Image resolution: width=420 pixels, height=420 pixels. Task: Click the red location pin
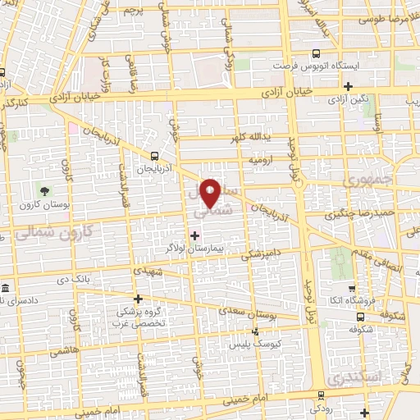pyautogui.click(x=211, y=192)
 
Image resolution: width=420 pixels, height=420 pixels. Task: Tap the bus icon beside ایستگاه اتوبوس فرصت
pyautogui.click(x=317, y=49)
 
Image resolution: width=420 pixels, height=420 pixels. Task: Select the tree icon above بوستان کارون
pyautogui.click(x=44, y=168)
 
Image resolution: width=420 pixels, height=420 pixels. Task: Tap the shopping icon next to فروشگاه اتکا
pyautogui.click(x=352, y=289)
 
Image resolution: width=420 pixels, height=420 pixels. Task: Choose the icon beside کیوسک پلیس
pyautogui.click(x=256, y=332)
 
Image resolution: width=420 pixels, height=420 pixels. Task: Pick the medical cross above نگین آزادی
pyautogui.click(x=349, y=86)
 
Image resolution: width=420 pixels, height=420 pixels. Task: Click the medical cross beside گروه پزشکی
pyautogui.click(x=138, y=299)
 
